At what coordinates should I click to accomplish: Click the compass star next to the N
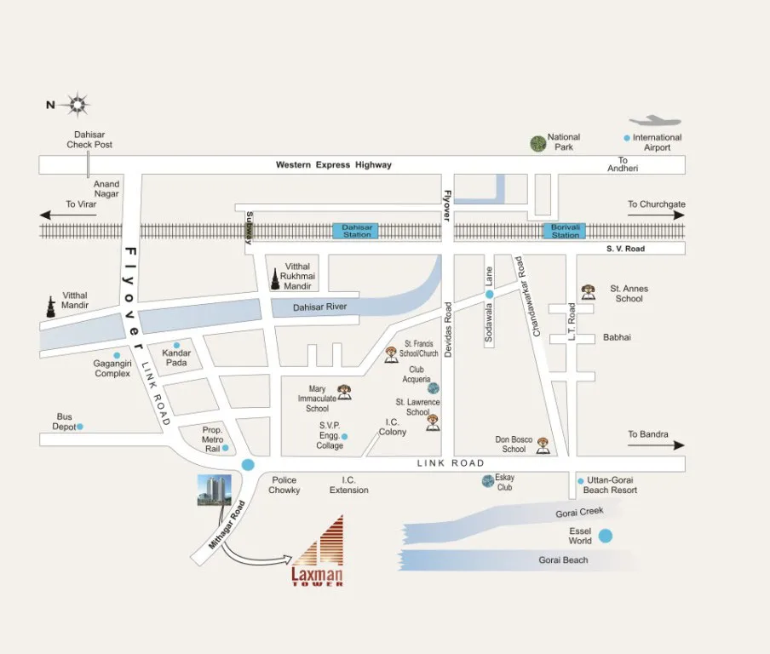(x=78, y=106)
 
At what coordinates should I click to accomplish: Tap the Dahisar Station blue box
(x=357, y=231)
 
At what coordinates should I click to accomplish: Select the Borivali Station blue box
(x=565, y=231)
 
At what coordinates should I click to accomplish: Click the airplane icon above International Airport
(x=657, y=121)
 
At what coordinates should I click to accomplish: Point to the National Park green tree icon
(x=537, y=143)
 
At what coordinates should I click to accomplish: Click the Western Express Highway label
(x=333, y=165)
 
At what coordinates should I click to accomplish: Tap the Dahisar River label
(x=320, y=307)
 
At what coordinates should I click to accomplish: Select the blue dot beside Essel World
(x=605, y=536)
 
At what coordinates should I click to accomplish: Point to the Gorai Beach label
(x=563, y=560)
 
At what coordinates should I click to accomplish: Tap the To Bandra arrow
(x=657, y=445)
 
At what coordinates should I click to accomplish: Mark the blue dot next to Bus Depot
(x=80, y=427)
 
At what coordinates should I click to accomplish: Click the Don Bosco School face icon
(x=543, y=445)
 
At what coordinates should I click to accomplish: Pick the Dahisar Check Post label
(x=89, y=140)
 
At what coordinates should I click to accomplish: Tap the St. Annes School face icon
(x=588, y=291)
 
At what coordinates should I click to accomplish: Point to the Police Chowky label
(x=284, y=485)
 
